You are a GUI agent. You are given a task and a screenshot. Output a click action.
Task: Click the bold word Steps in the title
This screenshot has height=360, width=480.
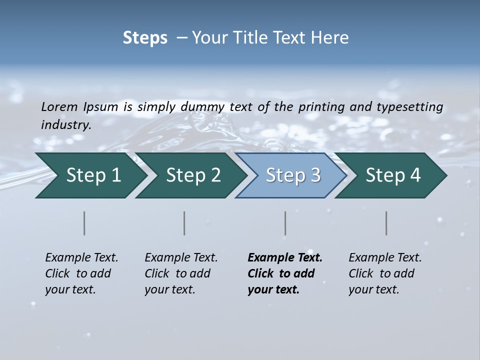[x=145, y=38]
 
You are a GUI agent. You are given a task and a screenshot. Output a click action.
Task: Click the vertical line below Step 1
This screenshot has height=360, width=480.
[x=84, y=223]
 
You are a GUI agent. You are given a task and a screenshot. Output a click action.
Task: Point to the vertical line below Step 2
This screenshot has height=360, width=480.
[x=184, y=223]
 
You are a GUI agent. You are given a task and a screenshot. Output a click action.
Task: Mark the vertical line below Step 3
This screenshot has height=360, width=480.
[x=285, y=223]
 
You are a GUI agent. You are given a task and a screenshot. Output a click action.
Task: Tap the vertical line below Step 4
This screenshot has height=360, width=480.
[x=386, y=223]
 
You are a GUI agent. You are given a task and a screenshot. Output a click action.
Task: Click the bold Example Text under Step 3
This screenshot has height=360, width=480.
[x=285, y=258]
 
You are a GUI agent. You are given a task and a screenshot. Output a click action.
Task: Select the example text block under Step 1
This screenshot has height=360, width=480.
[x=81, y=273]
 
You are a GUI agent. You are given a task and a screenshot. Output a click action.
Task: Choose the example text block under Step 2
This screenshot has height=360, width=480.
[x=181, y=273]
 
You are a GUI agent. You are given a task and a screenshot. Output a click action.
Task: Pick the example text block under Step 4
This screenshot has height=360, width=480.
[x=385, y=273]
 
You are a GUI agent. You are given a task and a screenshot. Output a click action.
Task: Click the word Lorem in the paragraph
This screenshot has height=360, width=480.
[x=59, y=106]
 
